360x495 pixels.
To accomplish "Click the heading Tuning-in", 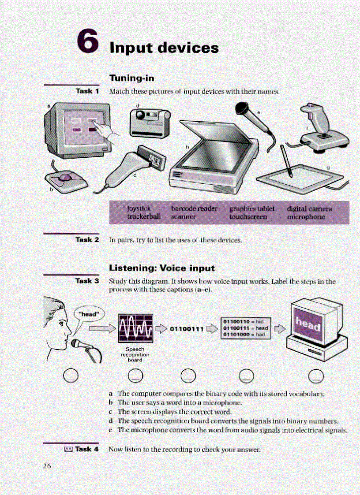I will point(131,78).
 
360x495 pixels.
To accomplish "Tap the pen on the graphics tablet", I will point(285,160).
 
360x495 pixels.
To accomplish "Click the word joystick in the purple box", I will point(139,208).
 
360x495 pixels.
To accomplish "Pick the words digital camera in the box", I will point(309,208).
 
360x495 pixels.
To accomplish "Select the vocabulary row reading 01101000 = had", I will point(244,335).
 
